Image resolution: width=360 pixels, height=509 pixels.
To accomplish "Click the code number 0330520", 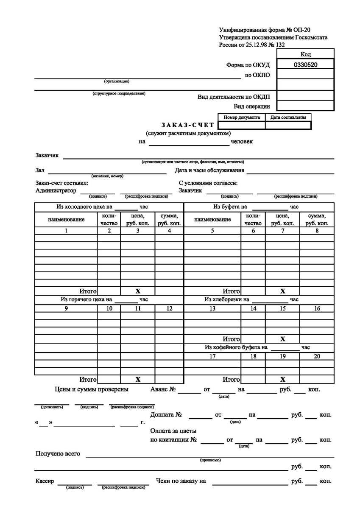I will (305, 65).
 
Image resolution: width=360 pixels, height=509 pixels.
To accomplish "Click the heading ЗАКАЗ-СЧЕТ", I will (188, 125).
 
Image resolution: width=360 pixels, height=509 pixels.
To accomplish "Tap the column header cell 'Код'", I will (305, 54).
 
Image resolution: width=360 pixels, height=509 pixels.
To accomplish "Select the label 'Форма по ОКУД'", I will (248, 65).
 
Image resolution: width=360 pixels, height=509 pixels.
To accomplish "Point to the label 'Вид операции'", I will (252, 106).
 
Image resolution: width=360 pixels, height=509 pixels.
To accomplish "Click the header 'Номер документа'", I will (241, 117).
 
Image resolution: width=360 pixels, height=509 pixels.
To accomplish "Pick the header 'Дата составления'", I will (288, 117).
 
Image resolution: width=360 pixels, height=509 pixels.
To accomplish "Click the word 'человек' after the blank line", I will (241, 141).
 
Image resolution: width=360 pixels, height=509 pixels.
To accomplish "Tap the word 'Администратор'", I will (56, 190).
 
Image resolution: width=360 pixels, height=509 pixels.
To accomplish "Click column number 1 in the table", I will (66, 231).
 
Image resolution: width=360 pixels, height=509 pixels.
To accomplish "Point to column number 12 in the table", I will (169, 309).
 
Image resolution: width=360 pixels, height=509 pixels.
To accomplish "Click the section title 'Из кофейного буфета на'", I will (236, 347).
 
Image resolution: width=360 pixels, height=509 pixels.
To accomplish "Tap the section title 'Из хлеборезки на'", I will (227, 299).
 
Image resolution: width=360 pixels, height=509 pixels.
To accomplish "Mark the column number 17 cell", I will (212, 357).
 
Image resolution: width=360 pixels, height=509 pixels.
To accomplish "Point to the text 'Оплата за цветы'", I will (173, 431).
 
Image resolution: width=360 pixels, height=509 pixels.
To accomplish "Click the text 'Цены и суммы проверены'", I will (92, 389).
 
